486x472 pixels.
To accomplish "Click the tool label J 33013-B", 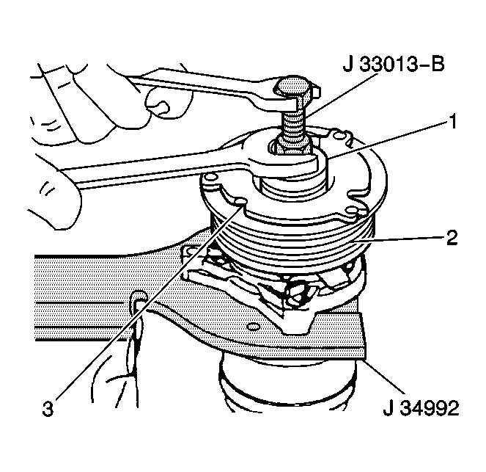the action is point(394,65).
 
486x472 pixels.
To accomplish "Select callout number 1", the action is point(453,121).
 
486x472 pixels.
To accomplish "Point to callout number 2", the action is point(452,238).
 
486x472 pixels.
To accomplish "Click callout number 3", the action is point(48,409).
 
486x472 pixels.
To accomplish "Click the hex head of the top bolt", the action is point(295,88).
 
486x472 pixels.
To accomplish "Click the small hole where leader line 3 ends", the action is point(240,202).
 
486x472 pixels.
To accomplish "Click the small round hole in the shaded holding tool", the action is point(253,327).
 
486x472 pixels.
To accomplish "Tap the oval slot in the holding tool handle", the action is point(139,299).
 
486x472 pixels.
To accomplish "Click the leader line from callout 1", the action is point(388,140).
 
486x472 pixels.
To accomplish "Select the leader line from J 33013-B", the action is point(340,95).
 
